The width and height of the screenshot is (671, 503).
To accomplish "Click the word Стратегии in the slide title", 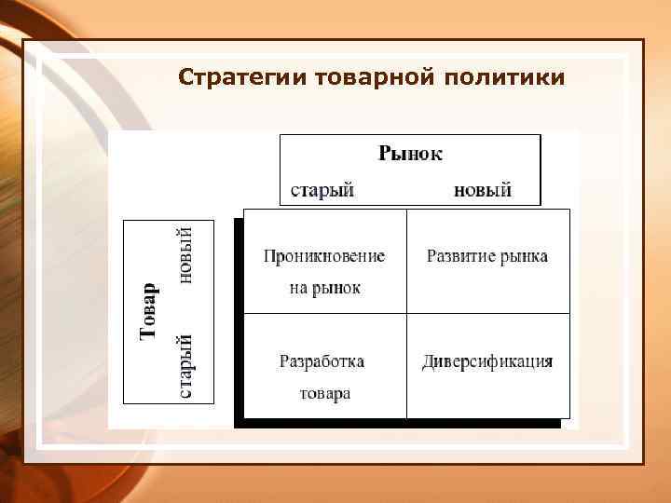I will (244, 76).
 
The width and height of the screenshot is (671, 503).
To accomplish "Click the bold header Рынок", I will (410, 153).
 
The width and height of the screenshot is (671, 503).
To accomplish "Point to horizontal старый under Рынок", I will (322, 190).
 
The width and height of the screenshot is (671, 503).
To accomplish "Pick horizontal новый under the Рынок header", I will (482, 190).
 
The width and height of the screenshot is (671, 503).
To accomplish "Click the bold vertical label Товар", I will (149, 311).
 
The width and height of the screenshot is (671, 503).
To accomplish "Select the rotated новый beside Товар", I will (185, 254).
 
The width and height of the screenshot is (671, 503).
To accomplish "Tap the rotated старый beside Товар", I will (185, 367).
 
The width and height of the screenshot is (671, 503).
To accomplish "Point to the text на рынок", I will (323, 288).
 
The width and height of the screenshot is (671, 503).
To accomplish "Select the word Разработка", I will (322, 361).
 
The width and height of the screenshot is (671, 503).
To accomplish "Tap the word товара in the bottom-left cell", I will (324, 393).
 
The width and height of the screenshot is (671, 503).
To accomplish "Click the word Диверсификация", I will (487, 361).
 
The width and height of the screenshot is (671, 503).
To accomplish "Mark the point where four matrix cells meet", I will (407, 314).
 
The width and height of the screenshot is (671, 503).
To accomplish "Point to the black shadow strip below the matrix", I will (401, 423).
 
